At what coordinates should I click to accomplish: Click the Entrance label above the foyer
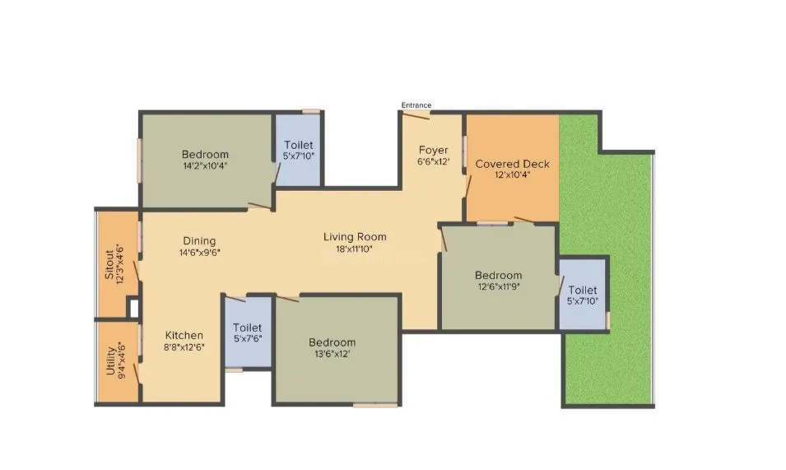pos(416,105)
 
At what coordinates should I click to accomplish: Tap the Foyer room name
pos(433,150)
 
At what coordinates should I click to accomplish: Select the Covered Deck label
pos(512,164)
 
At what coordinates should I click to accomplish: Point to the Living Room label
pos(355,237)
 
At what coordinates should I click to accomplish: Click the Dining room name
pos(200,241)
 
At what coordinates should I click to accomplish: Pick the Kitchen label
pos(184,335)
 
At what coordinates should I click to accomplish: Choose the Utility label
pos(110,360)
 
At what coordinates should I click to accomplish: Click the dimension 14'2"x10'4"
pos(205,165)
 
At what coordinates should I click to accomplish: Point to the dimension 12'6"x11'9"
pos(497,286)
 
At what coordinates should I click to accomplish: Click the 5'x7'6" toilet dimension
pos(247,337)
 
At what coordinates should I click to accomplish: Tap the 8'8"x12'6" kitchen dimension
pos(184,347)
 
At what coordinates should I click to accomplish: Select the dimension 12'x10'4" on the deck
pos(512,175)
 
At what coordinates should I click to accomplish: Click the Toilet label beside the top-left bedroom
pos(298,145)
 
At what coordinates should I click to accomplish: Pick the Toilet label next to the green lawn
pos(582,291)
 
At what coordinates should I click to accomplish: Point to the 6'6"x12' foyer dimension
pos(433,161)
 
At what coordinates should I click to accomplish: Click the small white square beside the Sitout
pos(133,307)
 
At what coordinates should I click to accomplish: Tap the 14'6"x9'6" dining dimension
pos(200,252)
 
